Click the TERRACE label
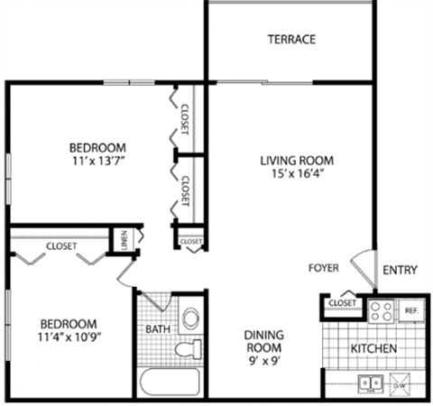[x=290, y=40]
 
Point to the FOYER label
[x=322, y=268]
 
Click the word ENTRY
[x=399, y=270]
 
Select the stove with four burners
[x=382, y=311]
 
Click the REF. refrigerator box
[x=412, y=310]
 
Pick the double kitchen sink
[x=369, y=382]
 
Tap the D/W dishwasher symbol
[x=401, y=383]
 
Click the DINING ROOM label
[x=263, y=341]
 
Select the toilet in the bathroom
[x=189, y=350]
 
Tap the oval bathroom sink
[x=190, y=318]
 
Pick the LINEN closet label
[x=124, y=239]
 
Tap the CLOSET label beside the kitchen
[x=343, y=303]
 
